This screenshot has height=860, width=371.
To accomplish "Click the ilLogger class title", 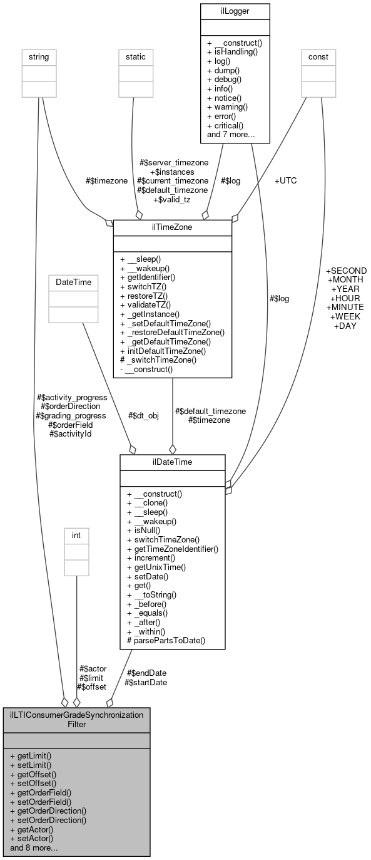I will (x=235, y=11).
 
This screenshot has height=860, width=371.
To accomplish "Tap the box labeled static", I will (x=136, y=56).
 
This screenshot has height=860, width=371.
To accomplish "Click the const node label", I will (x=318, y=56).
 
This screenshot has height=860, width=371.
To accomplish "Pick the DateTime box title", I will (x=73, y=282).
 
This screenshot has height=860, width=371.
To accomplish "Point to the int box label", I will (x=76, y=536).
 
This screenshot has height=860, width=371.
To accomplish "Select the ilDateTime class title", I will (x=172, y=462).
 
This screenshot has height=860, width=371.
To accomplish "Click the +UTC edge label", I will (x=285, y=180).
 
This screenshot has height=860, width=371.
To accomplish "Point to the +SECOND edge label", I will (x=346, y=271).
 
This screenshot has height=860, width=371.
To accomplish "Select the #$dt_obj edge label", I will (x=143, y=415).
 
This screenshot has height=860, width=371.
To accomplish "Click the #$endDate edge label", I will (x=146, y=673).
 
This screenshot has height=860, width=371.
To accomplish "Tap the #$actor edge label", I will (x=93, y=669).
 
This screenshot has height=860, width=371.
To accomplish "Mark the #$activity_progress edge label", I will (x=72, y=397).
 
